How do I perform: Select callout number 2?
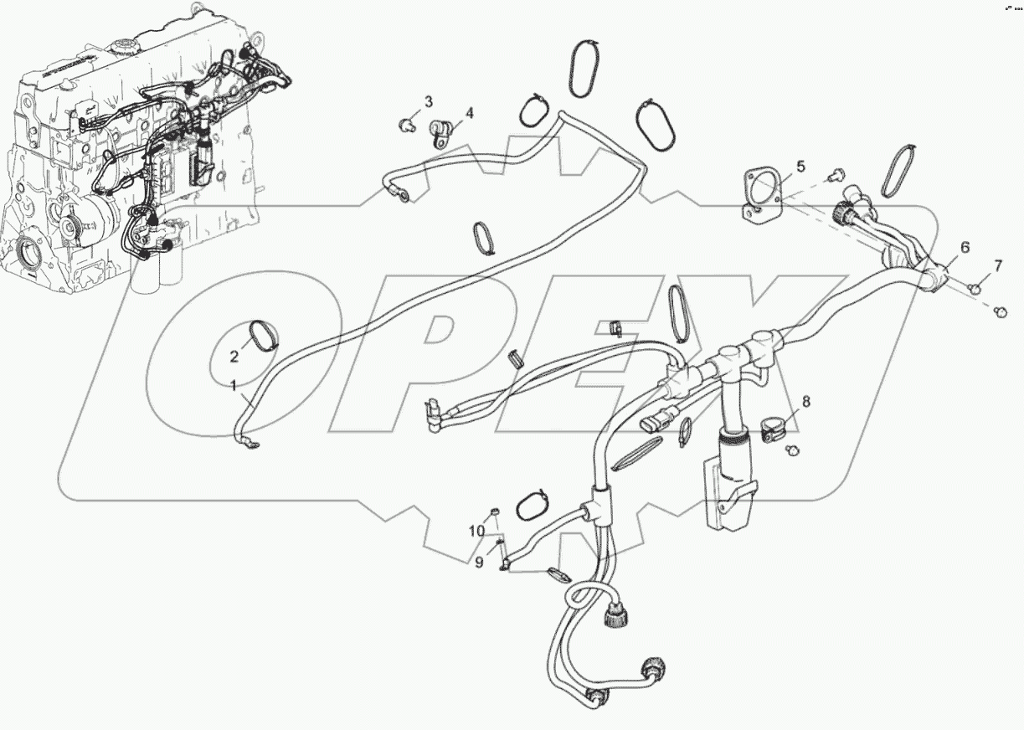point(234,357)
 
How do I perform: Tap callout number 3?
point(428,102)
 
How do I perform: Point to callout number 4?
point(469,113)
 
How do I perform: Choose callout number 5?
point(800,167)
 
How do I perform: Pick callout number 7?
point(997,266)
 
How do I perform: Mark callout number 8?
point(806,403)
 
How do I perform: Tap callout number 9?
point(480,563)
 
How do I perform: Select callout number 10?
point(476,532)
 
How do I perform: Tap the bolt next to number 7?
point(975,288)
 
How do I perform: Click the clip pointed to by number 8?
point(774,429)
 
